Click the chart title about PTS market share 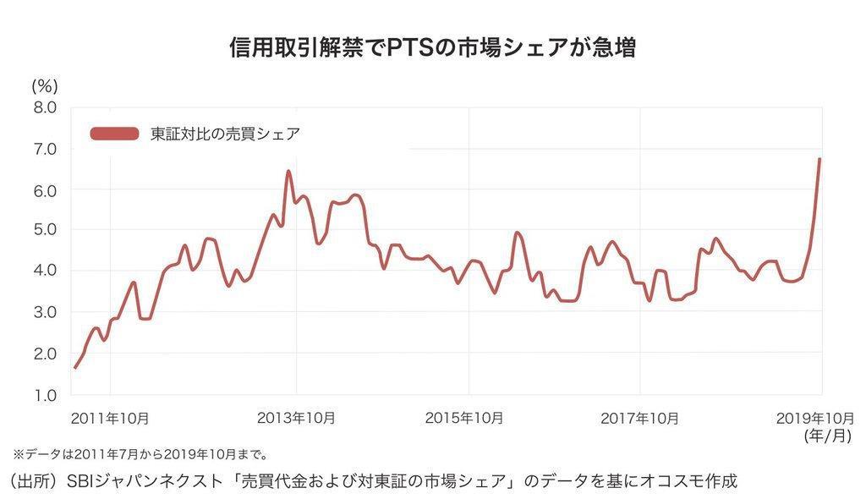432,47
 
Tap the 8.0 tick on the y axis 44,107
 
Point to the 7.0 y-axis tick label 44,149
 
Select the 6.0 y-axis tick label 44,190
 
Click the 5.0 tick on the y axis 44,229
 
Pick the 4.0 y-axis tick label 44,270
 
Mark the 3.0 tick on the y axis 44,311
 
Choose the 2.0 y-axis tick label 44,353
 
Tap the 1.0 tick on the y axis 44,394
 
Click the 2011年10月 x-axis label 110,418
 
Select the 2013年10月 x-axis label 295,418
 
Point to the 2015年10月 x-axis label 464,418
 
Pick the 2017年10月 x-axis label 639,418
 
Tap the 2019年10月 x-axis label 816,418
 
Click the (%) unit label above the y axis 44,85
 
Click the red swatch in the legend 113,133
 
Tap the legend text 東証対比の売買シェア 224,133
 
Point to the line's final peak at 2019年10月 819,159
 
